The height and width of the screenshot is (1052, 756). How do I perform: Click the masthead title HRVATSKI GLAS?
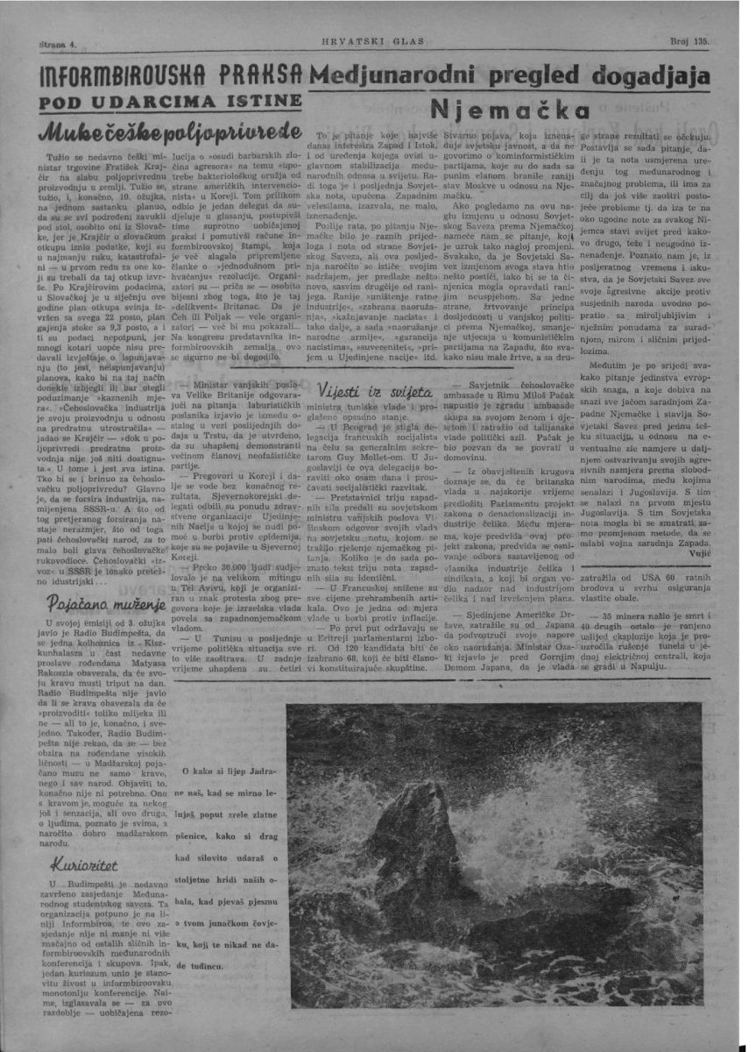coord(378,42)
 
